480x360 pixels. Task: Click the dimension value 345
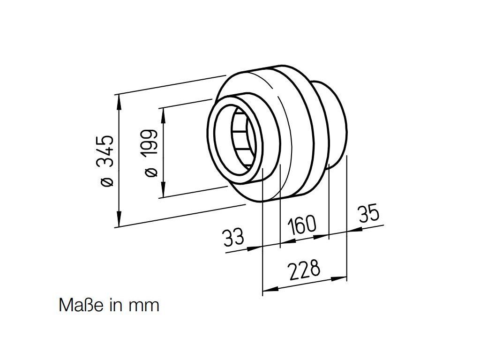[x=105, y=151]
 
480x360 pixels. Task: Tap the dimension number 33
[x=233, y=238]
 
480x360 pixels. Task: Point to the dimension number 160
[x=302, y=225]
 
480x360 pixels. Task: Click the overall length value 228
[x=305, y=270]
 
